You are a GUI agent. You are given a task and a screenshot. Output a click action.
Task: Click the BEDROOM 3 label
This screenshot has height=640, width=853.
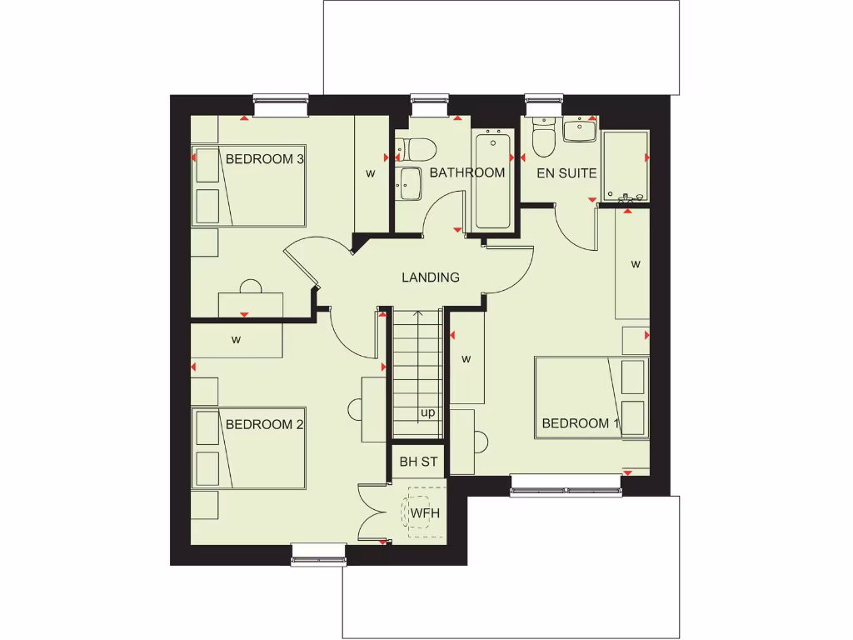[264, 158]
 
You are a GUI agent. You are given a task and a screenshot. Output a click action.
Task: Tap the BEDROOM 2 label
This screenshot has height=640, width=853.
[264, 424]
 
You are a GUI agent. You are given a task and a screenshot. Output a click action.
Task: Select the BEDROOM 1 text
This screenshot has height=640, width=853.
[581, 423]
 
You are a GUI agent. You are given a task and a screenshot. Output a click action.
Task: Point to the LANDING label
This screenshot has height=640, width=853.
[431, 277]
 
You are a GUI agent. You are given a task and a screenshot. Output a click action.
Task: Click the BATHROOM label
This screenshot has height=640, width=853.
[467, 172]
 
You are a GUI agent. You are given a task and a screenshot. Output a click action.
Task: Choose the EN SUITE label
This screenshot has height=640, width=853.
[566, 173]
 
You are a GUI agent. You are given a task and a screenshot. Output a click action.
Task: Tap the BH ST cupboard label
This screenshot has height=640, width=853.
[418, 461]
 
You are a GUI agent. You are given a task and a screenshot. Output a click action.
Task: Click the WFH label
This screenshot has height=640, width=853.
[424, 512]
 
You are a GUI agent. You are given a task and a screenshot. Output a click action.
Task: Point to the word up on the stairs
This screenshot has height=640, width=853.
[428, 412]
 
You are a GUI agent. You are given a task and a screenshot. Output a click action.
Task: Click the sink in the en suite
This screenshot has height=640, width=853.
[579, 129]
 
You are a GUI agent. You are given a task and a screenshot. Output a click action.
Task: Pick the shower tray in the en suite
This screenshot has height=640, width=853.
[626, 166]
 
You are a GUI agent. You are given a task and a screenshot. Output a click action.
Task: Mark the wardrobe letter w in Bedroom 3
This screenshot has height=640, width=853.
[371, 173]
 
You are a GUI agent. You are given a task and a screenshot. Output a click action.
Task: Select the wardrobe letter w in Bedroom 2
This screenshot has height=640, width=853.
[237, 339]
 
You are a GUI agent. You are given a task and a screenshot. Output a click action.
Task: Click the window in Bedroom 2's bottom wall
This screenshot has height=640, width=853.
[318, 553]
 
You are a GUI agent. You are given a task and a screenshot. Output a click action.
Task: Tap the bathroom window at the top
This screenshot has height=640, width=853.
[430, 103]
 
